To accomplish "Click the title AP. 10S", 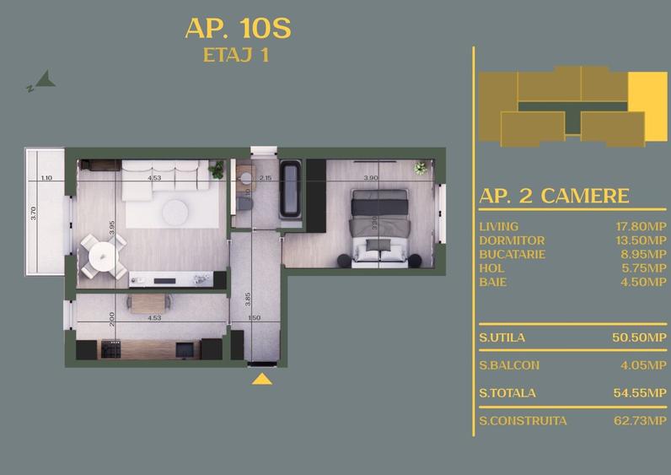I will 238,29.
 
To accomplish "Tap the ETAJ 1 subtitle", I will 238,57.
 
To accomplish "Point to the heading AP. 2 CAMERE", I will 554,196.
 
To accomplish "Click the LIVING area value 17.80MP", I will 642,227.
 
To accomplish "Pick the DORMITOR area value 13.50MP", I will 642,240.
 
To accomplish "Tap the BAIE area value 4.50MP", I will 645,281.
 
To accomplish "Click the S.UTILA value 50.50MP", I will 641,337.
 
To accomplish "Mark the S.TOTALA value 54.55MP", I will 641,392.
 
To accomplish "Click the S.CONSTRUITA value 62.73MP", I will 641,420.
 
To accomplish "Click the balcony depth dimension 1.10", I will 46,178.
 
